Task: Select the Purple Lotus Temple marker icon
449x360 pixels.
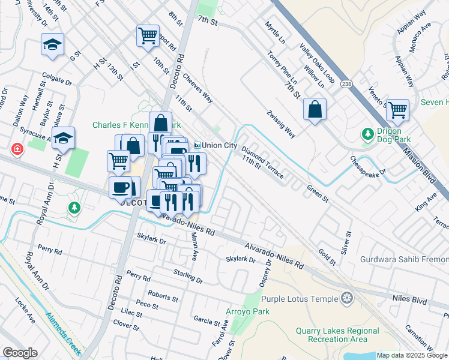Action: click(x=346, y=298)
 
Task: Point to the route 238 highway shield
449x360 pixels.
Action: click(x=346, y=83)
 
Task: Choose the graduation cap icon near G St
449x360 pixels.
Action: click(x=52, y=44)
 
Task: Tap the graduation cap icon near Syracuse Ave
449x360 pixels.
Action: click(x=63, y=137)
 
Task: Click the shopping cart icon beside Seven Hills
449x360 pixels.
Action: click(x=397, y=110)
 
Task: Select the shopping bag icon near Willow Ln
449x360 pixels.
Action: click(x=315, y=109)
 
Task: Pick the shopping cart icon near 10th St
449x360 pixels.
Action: click(x=147, y=35)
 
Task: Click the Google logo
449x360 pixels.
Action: click(x=20, y=353)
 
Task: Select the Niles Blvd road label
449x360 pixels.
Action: click(x=409, y=298)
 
